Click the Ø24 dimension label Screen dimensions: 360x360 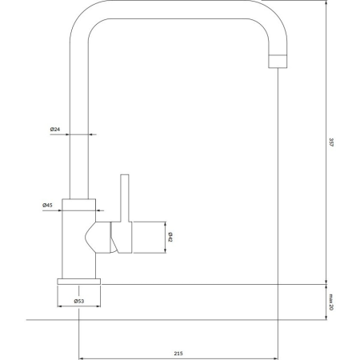[x=55, y=130]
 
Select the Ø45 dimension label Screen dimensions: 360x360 [x=48, y=206]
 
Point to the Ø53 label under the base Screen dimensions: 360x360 [x=79, y=301]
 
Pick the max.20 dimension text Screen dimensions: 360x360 [x=331, y=301]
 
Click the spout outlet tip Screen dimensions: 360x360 [x=276, y=60]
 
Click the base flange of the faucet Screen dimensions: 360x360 [x=79, y=280]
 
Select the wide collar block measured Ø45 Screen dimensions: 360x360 [x=79, y=205]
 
